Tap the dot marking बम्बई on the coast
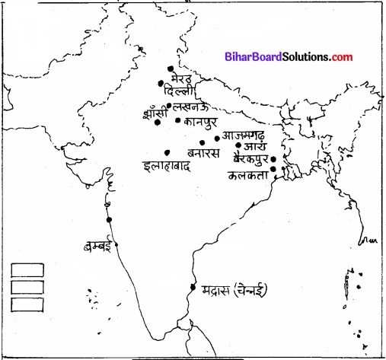pyautogui.click(x=110, y=220)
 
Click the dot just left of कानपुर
pyautogui.click(x=177, y=120)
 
